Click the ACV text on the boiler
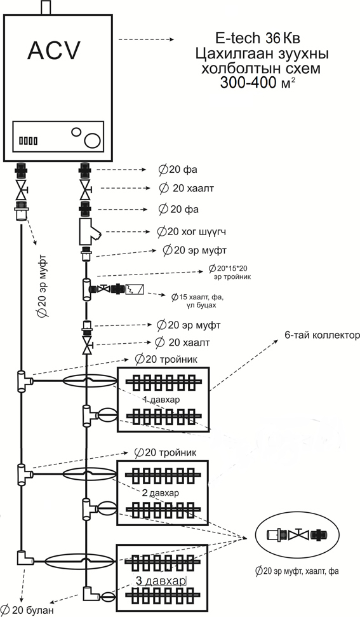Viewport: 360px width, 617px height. [54, 50]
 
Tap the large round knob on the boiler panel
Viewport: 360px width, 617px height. [92, 140]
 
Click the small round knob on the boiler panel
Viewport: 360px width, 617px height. [76, 132]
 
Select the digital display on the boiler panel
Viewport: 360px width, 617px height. [29, 140]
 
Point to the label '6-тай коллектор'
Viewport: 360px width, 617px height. [322, 336]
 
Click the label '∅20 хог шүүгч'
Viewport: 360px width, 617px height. [191, 232]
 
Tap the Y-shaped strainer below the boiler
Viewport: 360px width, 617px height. [90, 232]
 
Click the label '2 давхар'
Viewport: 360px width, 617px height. [160, 493]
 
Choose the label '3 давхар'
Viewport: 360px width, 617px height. [161, 581]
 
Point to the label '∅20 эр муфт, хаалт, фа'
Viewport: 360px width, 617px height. [297, 571]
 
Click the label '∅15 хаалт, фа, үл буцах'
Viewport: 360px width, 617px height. [199, 300]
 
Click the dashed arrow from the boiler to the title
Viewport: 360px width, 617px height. [146, 39]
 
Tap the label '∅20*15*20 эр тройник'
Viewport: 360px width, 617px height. [229, 273]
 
